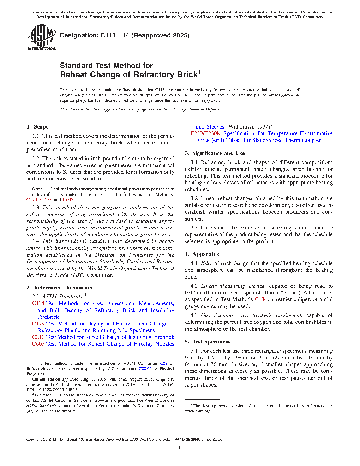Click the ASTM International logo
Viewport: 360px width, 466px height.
point(41,37)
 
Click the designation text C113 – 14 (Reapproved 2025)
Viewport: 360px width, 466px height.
point(125,35)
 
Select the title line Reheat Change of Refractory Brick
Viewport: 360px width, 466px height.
point(129,75)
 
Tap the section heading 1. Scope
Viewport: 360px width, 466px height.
point(37,127)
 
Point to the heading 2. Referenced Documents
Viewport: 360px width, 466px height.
point(59,288)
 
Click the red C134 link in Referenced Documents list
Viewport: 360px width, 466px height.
point(38,303)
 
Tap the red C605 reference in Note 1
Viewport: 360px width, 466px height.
point(68,200)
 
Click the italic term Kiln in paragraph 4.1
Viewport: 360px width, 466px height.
point(206,263)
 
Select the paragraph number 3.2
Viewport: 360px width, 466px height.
point(194,198)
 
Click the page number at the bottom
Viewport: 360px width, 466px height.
point(180,448)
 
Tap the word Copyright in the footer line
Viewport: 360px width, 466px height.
point(34,440)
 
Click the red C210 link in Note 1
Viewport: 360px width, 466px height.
point(46,200)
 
